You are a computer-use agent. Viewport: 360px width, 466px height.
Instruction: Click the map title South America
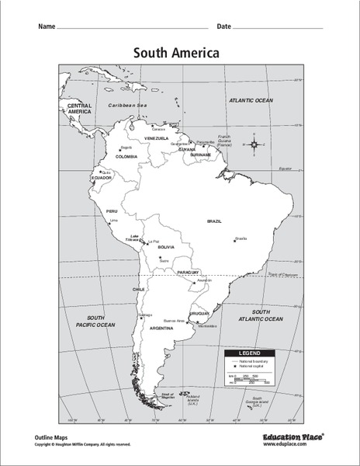point(176,53)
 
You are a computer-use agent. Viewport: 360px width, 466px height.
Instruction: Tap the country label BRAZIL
point(214,221)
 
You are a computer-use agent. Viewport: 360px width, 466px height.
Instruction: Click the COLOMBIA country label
point(126,156)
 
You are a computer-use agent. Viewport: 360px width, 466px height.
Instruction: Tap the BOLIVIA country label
point(166,248)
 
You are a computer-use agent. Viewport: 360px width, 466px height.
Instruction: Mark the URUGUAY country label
point(199,313)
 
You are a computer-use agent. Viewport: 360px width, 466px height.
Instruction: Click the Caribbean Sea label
point(127,104)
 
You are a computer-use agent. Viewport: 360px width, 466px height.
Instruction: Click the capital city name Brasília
point(241,238)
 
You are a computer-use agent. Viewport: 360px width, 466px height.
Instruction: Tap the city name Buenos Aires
point(174,320)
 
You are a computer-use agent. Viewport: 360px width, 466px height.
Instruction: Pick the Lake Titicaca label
point(134,238)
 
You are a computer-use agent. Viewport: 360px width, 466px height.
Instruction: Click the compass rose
point(255,144)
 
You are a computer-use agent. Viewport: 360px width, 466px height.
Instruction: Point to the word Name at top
point(46,26)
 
